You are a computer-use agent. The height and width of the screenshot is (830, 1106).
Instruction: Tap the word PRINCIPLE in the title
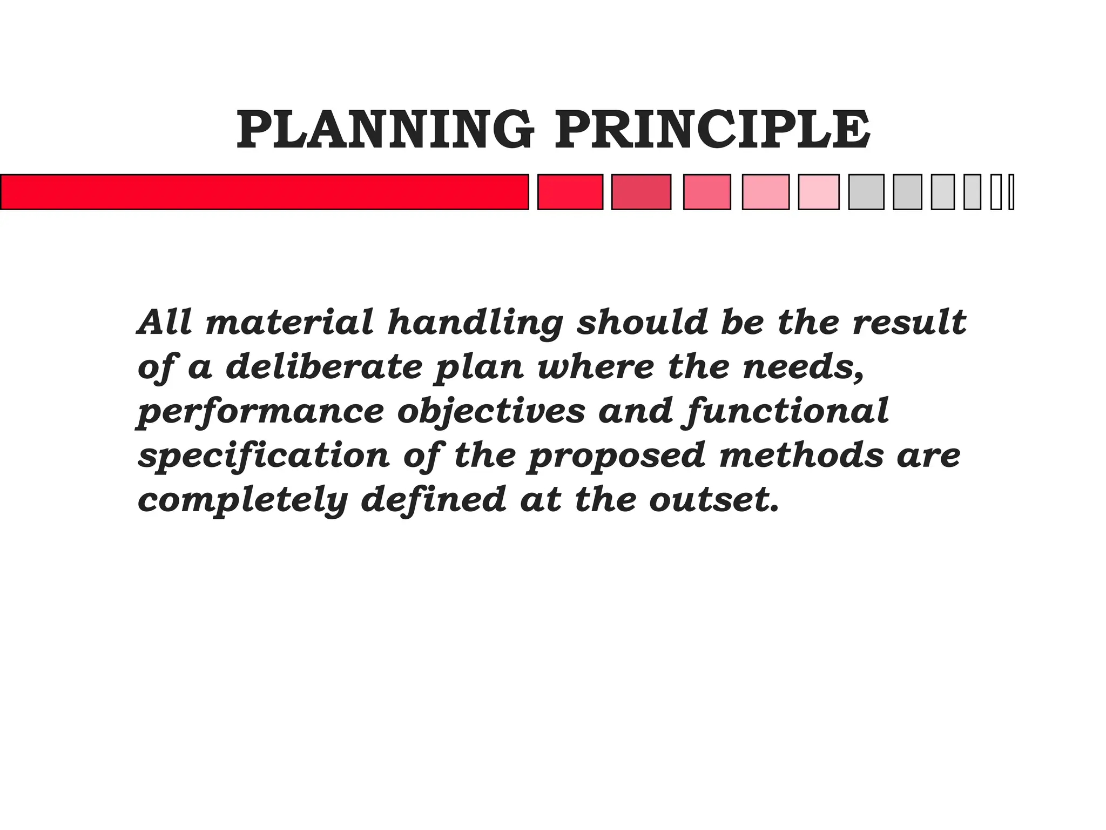point(712,130)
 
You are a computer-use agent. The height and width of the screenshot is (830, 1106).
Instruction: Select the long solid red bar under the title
point(264,192)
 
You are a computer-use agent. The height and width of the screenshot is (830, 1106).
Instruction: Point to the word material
point(289,323)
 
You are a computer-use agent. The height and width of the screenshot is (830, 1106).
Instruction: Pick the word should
point(642,323)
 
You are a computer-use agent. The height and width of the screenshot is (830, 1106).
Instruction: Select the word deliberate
point(323,367)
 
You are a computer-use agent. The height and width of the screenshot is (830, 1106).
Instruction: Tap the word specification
point(264,457)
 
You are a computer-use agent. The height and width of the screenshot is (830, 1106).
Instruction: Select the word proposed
point(616,457)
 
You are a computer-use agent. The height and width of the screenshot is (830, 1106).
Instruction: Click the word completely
point(242,501)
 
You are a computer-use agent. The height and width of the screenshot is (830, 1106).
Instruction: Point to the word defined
point(433,500)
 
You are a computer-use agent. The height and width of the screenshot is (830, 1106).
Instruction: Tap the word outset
point(714,500)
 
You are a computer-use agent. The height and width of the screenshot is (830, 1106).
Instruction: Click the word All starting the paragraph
point(165,323)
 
